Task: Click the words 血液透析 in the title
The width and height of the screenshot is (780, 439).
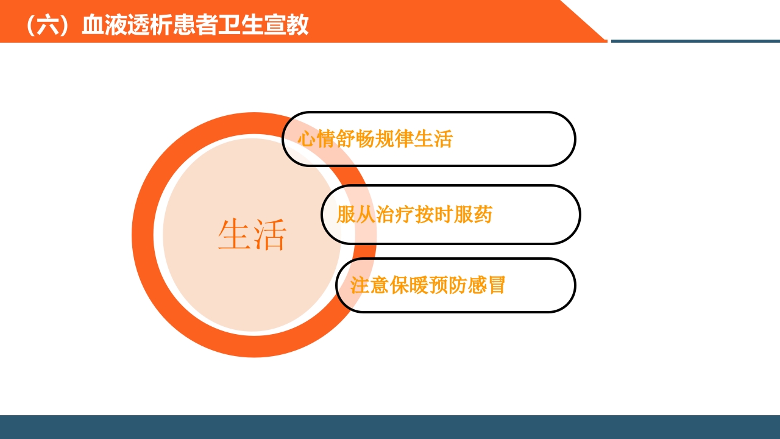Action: [x=127, y=25]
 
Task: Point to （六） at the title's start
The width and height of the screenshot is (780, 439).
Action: [x=49, y=25]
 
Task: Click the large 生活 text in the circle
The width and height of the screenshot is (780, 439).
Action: [x=252, y=235]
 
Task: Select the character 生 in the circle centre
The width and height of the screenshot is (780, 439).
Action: [x=234, y=235]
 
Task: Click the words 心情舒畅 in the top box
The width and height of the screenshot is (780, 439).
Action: [x=336, y=139]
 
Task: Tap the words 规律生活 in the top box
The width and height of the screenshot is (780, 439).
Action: [x=414, y=139]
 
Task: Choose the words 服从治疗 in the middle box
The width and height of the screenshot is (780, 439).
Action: [x=375, y=215]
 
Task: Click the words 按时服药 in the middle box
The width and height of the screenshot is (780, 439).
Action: [x=453, y=215]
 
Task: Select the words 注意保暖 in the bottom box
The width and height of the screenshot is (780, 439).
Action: [x=389, y=285]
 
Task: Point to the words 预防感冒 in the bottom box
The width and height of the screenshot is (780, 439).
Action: [x=467, y=285]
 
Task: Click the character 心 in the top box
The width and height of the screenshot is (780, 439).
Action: [x=307, y=139]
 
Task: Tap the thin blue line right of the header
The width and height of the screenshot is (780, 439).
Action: [x=695, y=41]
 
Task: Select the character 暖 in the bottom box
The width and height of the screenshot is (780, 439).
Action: [x=419, y=285]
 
